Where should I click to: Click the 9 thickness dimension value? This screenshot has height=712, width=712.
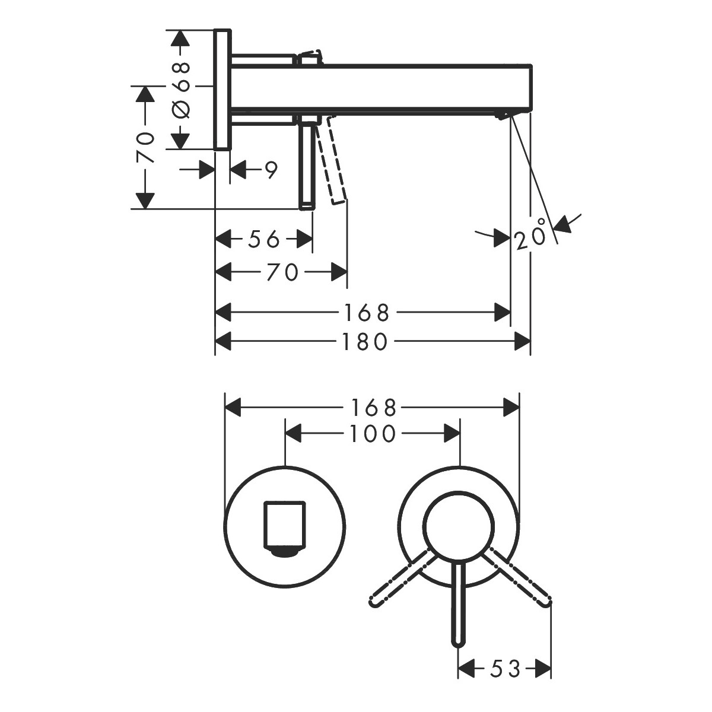(271, 170)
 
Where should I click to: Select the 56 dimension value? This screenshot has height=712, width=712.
(263, 239)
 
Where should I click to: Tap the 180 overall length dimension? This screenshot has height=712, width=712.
(364, 341)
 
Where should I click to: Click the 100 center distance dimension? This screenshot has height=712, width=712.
(372, 433)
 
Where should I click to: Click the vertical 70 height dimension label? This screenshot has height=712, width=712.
(145, 147)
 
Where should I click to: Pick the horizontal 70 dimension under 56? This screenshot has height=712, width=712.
(282, 272)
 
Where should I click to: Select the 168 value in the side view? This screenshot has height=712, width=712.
(366, 313)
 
